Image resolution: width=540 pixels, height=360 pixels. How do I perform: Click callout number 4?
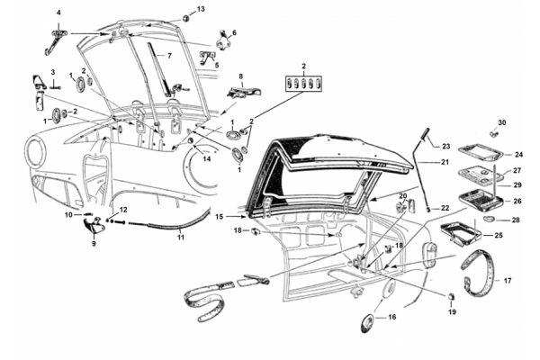tap(58, 13)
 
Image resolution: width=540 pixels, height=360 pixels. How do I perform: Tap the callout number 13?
tap(201, 9)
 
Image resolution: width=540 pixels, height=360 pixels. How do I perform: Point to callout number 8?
tap(240, 76)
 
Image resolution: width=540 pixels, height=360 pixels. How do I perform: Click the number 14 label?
tap(206, 159)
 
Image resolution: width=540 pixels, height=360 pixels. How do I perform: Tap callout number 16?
tap(391, 318)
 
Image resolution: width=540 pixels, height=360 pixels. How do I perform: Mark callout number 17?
tap(507, 281)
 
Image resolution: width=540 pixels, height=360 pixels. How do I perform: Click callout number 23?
tap(445, 145)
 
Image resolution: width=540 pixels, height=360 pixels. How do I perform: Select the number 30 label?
tap(502, 122)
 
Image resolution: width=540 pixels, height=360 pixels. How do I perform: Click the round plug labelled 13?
tap(184, 17)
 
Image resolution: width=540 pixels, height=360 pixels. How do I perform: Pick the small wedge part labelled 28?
tap(488, 217)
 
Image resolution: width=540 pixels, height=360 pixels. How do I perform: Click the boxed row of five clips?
tap(304, 85)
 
